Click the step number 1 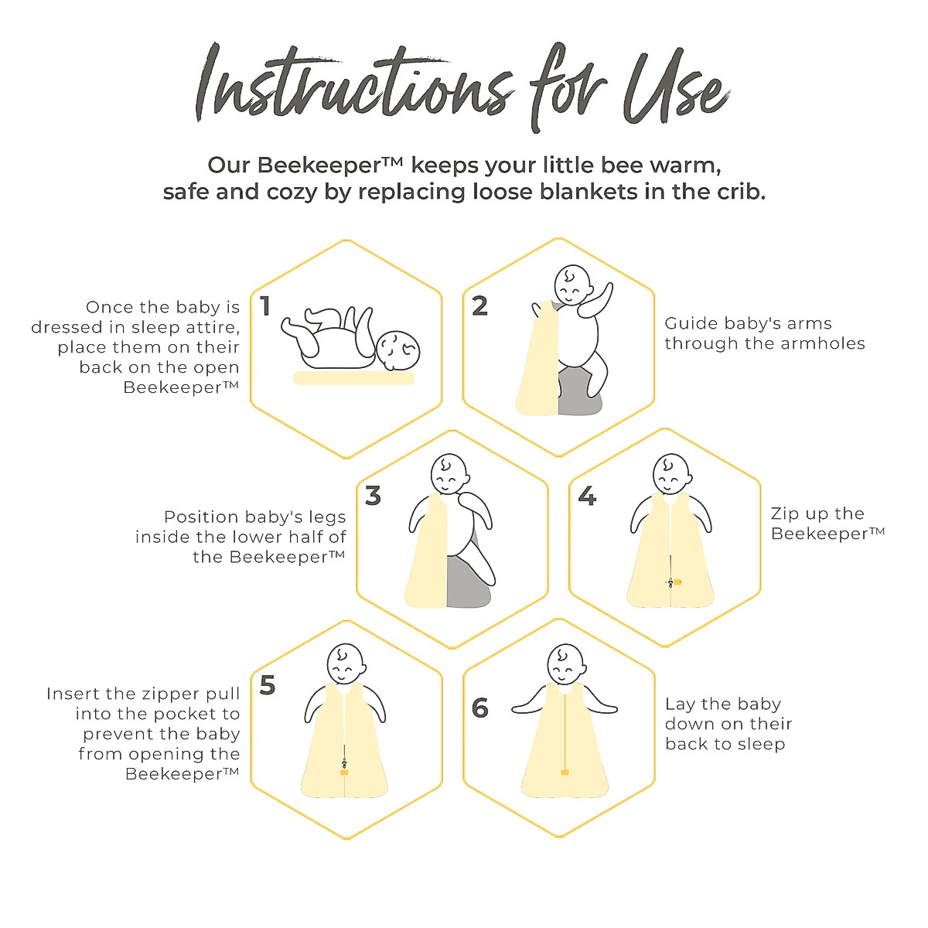point(265,306)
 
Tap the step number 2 point(479,306)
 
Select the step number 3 point(373,495)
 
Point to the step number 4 point(587,495)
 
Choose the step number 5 point(268,685)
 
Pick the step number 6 point(479,707)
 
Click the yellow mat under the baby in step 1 point(353,378)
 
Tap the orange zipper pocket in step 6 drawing point(565,772)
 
